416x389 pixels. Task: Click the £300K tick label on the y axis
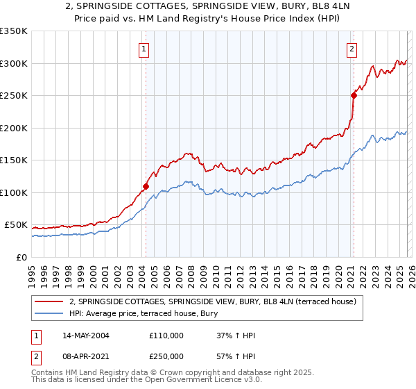14,63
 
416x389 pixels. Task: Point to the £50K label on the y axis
16,225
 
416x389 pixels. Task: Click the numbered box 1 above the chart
144,49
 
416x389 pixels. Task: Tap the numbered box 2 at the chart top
352,49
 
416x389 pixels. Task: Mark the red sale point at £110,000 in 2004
146,186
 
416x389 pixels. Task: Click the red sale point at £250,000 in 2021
353,96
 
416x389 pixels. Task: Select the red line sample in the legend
50,301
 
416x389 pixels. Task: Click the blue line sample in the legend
50,314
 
